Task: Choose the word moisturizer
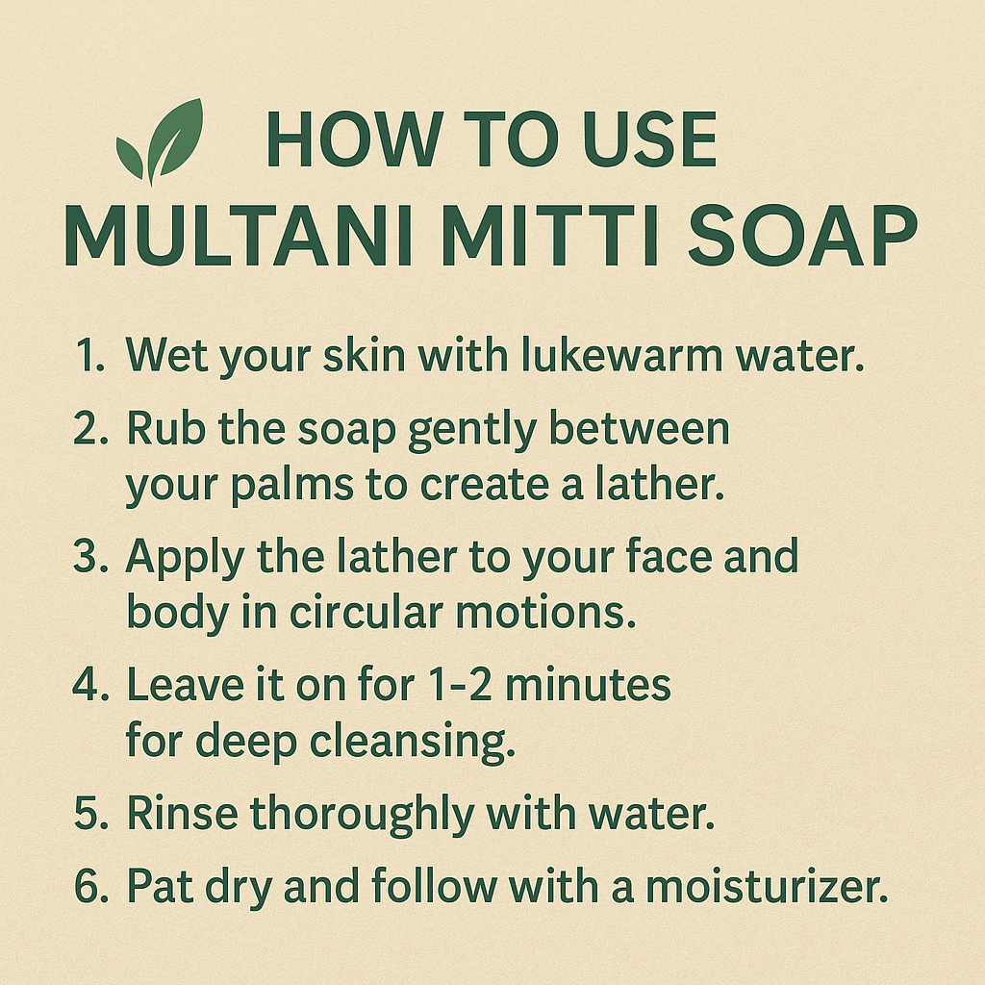tap(765, 888)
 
